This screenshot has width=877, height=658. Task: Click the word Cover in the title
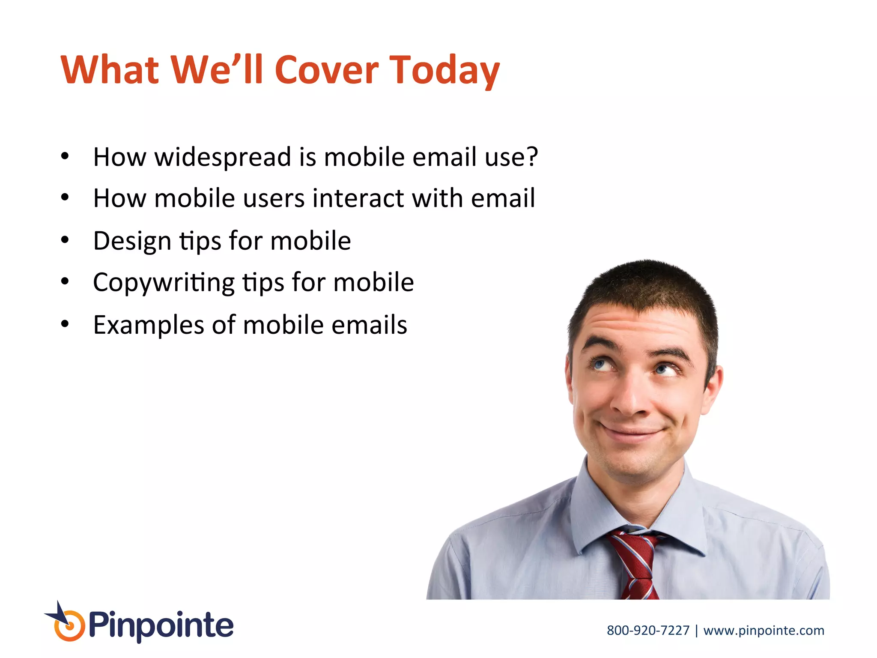(326, 70)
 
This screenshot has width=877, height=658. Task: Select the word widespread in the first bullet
(223, 157)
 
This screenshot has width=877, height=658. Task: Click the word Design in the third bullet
(132, 241)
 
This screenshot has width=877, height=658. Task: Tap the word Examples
(148, 325)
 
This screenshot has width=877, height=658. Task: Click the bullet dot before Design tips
(65, 240)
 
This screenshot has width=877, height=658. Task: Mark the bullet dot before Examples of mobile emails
(65, 324)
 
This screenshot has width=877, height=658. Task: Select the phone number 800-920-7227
(648, 631)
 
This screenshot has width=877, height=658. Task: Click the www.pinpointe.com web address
(764, 631)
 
